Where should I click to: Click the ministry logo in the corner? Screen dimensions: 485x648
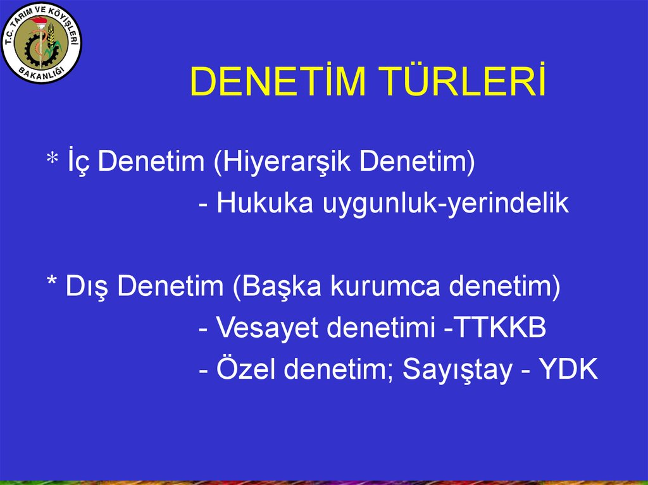[x=42, y=44]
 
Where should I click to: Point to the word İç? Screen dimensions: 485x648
[x=78, y=162]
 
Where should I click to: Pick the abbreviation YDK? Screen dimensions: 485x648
[x=568, y=370]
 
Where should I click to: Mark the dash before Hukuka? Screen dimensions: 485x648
[x=204, y=204]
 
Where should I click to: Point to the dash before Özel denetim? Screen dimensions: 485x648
[x=204, y=371]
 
